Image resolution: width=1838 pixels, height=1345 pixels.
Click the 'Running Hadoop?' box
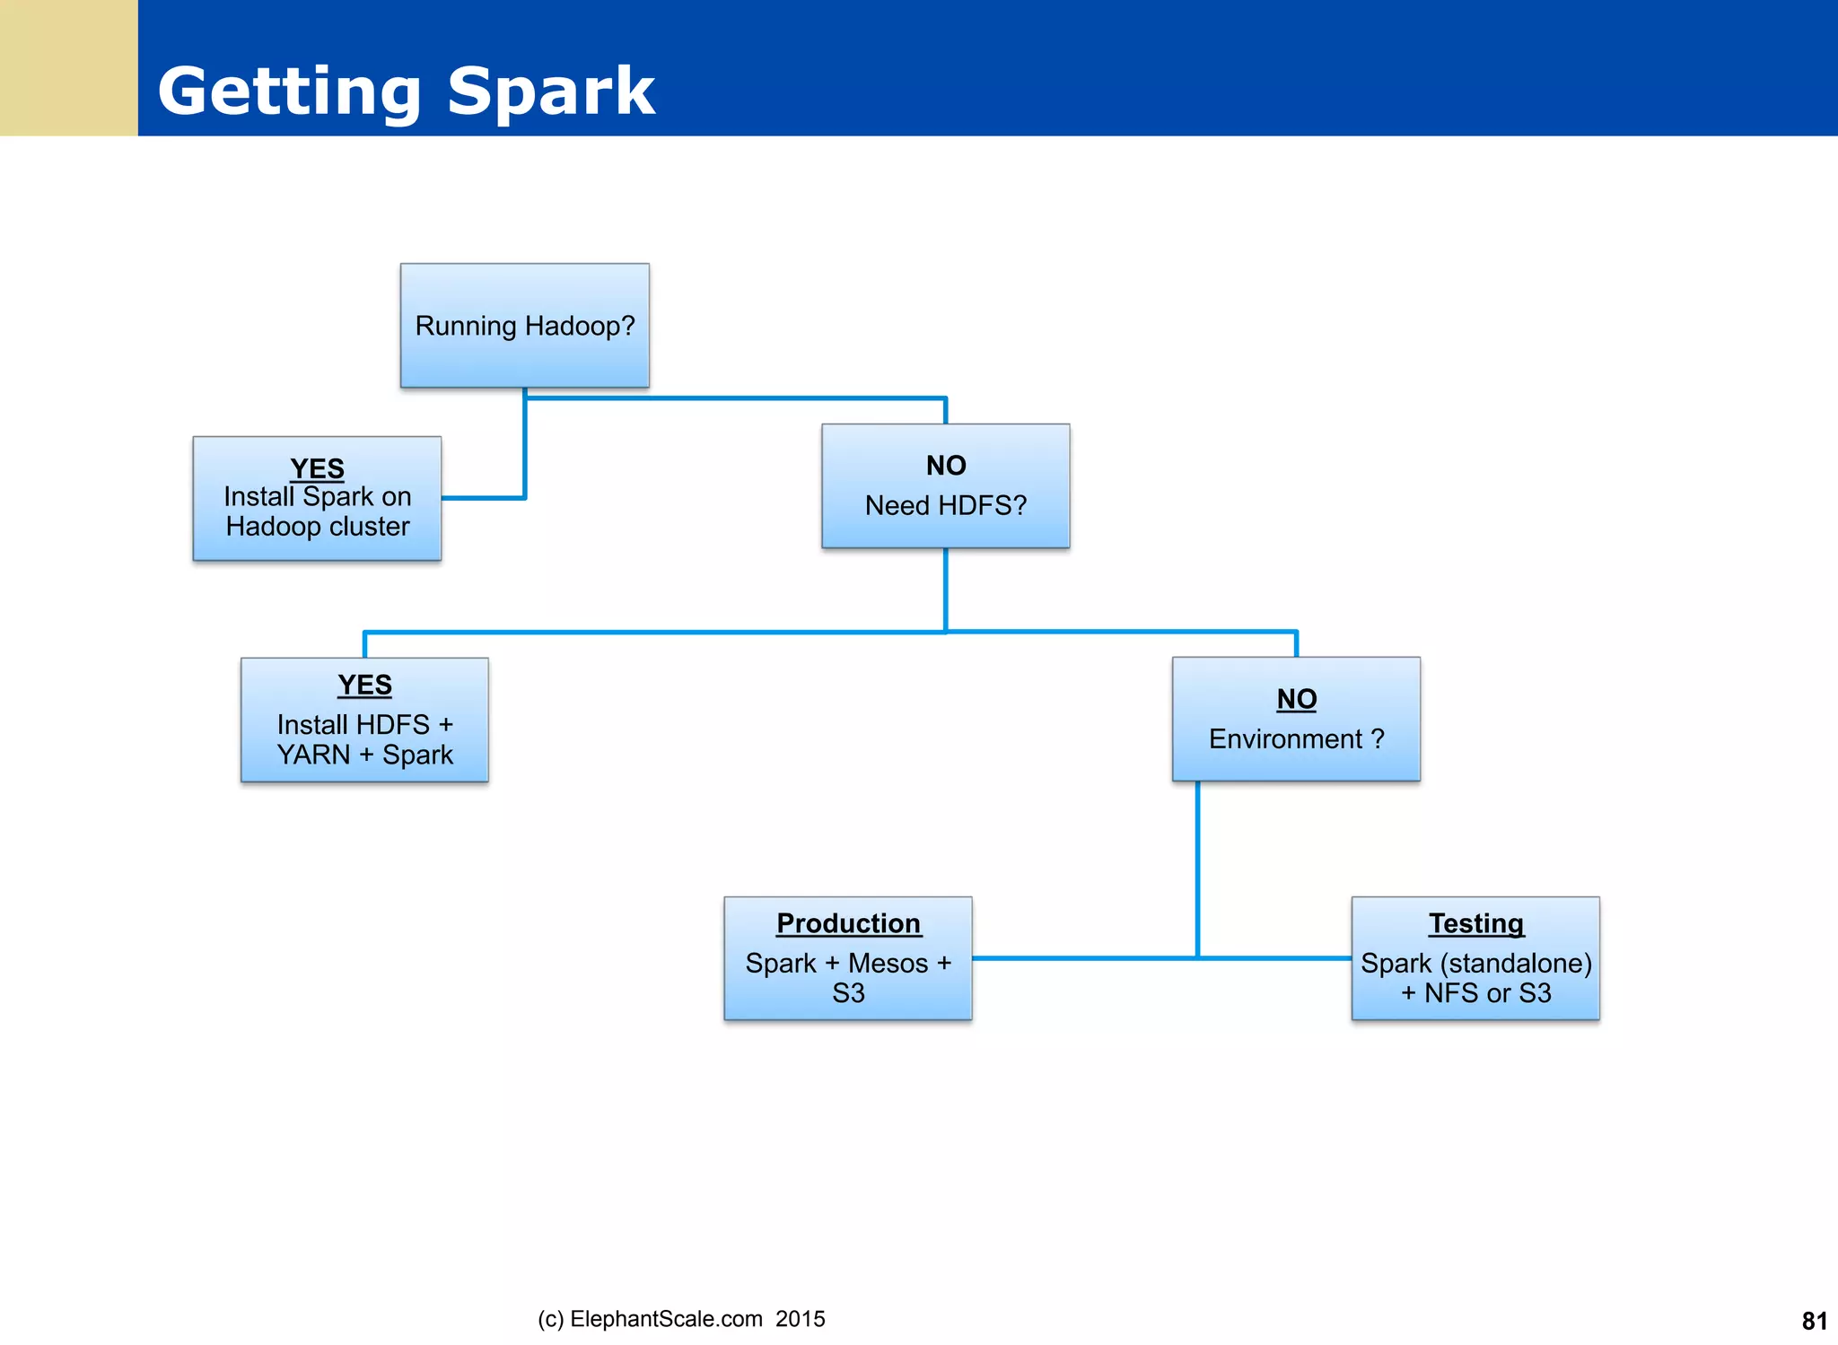[524, 326]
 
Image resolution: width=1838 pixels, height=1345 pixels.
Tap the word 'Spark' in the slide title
[550, 92]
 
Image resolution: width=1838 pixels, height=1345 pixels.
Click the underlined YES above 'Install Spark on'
[317, 467]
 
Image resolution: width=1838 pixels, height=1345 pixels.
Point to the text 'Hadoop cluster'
[317, 526]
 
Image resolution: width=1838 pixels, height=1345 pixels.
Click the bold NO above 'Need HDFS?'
[946, 465]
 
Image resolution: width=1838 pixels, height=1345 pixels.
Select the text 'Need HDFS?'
[945, 505]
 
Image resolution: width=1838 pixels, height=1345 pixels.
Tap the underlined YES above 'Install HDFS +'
[364, 685]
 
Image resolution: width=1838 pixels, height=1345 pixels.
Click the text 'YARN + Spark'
[364, 755]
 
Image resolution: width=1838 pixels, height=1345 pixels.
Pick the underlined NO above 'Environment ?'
[1296, 698]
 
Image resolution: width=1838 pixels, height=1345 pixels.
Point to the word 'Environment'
[1285, 738]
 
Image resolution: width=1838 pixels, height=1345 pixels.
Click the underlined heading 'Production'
[848, 922]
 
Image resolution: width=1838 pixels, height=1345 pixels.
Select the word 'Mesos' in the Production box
[888, 963]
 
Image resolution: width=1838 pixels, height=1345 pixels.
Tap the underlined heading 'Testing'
[1475, 922]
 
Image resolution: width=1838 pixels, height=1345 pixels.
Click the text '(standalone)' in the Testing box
[1516, 963]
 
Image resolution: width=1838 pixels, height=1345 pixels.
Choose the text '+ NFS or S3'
[1475, 993]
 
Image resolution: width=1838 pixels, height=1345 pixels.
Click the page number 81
[1814, 1321]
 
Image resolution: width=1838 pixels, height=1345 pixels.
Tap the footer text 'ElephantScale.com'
[666, 1319]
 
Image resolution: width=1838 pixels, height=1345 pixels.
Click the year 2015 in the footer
[800, 1319]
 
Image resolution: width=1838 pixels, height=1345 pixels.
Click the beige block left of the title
[68, 68]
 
